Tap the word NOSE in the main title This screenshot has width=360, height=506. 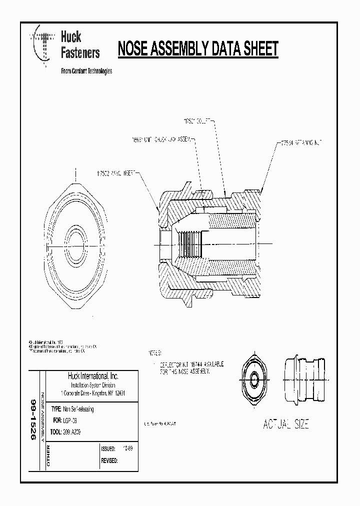[x=134, y=49]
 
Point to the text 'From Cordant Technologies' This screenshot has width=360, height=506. [x=86, y=71]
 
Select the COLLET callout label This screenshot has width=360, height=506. [x=198, y=121]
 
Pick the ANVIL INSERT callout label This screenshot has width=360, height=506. [x=116, y=173]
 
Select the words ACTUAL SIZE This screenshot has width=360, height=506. [x=286, y=424]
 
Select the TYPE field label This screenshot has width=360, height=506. [x=56, y=409]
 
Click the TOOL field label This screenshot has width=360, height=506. [x=56, y=432]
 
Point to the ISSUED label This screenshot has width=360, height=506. [x=109, y=448]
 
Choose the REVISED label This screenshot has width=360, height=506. [x=109, y=460]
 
